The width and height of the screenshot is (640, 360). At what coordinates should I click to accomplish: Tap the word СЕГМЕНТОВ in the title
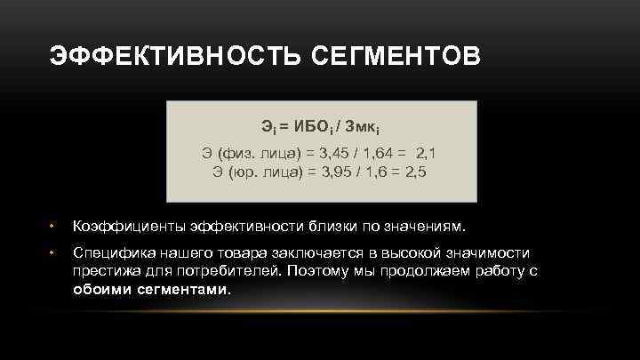pyautogui.click(x=396, y=58)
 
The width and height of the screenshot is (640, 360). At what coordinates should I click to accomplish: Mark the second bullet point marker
pyautogui.click(x=52, y=254)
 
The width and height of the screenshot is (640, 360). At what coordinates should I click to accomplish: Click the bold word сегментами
pyautogui.click(x=184, y=289)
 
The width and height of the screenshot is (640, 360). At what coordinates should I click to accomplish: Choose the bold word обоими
pyautogui.click(x=102, y=289)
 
